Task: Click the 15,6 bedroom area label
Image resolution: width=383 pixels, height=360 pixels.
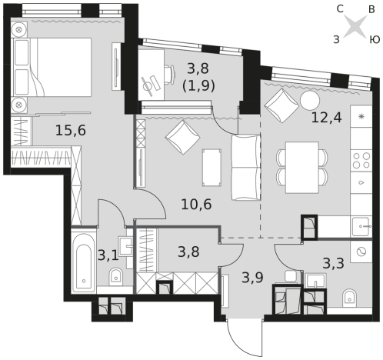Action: click(71, 131)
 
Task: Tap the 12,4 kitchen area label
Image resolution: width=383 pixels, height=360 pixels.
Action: click(326, 118)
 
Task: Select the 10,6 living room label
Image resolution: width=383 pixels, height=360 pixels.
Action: click(196, 205)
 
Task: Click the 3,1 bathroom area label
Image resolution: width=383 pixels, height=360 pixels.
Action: click(108, 255)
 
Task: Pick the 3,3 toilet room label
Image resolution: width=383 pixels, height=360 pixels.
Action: click(333, 263)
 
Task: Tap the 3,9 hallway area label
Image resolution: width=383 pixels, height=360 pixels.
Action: click(252, 277)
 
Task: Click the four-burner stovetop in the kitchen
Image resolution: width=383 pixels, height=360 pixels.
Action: click(361, 160)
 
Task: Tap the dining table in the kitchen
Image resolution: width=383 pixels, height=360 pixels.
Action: click(302, 167)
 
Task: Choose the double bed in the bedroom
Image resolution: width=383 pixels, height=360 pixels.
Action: click(52, 67)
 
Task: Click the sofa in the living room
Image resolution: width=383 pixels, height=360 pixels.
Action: click(246, 167)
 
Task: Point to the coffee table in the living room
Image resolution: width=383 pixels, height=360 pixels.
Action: click(211, 167)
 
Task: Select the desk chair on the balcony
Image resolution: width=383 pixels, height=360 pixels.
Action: click(169, 75)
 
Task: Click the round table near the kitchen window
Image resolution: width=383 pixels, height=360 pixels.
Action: click(310, 100)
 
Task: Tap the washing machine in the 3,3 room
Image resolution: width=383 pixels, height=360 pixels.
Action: click(361, 252)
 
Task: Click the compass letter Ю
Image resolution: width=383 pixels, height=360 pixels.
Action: click(375, 40)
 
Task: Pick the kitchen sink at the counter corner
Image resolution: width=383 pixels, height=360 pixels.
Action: click(361, 226)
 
